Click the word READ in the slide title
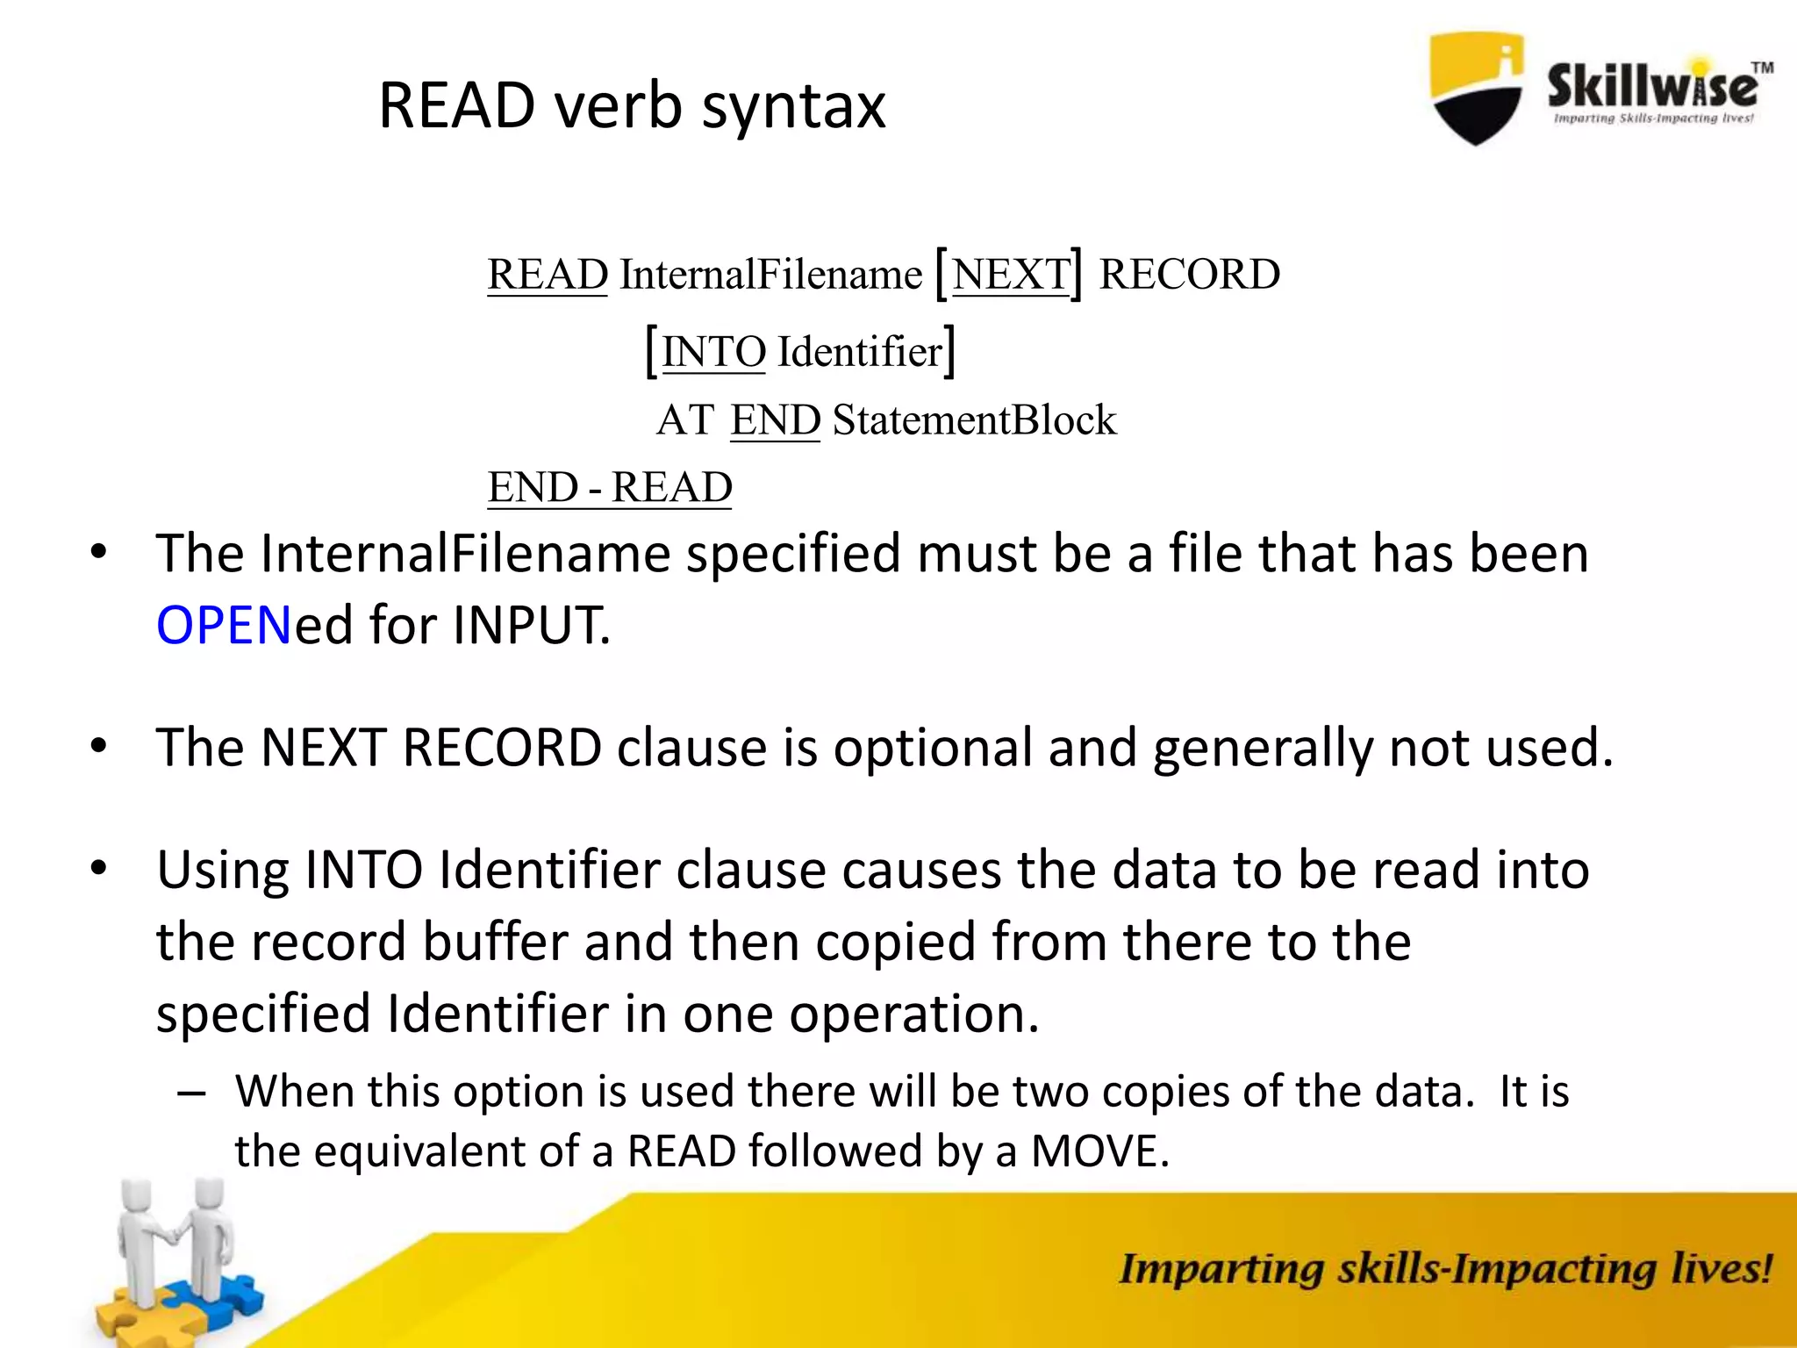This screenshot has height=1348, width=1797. [x=456, y=105]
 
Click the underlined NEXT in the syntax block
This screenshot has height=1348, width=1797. [x=1010, y=275]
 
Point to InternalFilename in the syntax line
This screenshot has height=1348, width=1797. [x=770, y=275]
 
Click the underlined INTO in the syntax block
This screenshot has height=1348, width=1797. [x=713, y=352]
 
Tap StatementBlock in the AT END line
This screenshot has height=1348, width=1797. [x=974, y=420]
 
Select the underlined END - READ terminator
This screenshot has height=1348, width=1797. [x=610, y=488]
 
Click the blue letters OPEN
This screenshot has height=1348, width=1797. [x=223, y=626]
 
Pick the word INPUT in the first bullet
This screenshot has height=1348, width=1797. [x=530, y=626]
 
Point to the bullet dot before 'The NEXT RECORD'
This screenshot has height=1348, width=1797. [x=98, y=747]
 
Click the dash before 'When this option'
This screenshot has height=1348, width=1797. [x=191, y=1093]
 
